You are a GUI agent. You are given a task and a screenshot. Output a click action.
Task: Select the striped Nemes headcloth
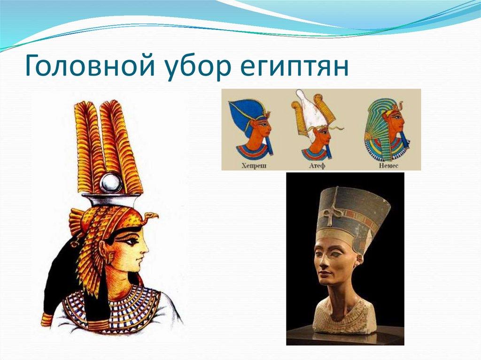tap(376, 127)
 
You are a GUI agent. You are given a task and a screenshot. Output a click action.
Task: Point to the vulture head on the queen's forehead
tap(151, 217)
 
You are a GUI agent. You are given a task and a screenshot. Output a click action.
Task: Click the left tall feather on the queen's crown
tap(87, 146)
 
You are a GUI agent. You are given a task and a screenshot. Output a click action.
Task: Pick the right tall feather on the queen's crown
tap(123, 146)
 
